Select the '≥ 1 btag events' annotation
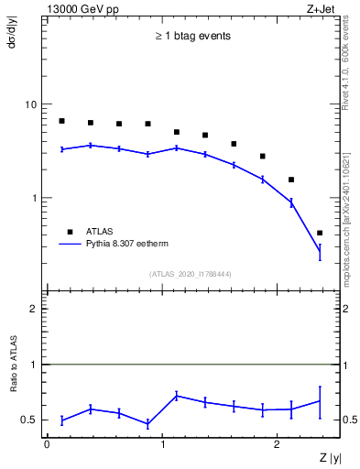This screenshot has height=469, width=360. click(x=191, y=37)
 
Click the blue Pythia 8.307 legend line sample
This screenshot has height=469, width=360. click(x=73, y=245)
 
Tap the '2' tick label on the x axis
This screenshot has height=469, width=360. click(x=278, y=443)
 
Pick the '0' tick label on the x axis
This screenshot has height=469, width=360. click(x=46, y=443)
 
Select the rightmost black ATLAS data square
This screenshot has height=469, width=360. click(x=320, y=233)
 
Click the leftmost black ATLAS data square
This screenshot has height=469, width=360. click(x=61, y=121)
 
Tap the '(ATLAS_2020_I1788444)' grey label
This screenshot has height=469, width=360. click(x=191, y=274)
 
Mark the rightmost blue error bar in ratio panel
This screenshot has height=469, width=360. click(x=320, y=401)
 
